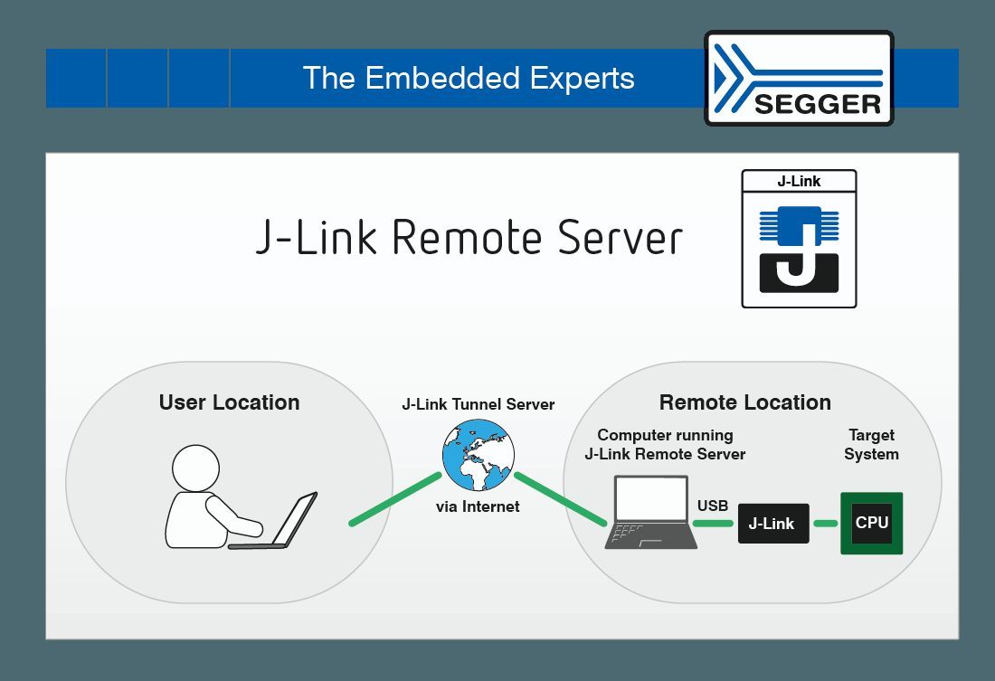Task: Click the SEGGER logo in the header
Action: click(x=799, y=78)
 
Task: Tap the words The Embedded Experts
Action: click(x=469, y=78)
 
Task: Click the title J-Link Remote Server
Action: click(x=469, y=237)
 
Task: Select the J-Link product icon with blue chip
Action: click(x=799, y=239)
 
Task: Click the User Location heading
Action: click(x=229, y=402)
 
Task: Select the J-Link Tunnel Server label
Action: click(x=479, y=404)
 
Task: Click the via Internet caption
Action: click(x=478, y=506)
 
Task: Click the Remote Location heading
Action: click(x=744, y=402)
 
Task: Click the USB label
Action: click(x=713, y=506)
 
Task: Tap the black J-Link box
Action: click(x=772, y=524)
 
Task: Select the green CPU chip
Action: click(x=872, y=523)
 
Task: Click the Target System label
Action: click(x=871, y=444)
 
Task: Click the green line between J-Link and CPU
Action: click(x=825, y=524)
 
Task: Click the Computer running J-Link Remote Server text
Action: click(x=665, y=444)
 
